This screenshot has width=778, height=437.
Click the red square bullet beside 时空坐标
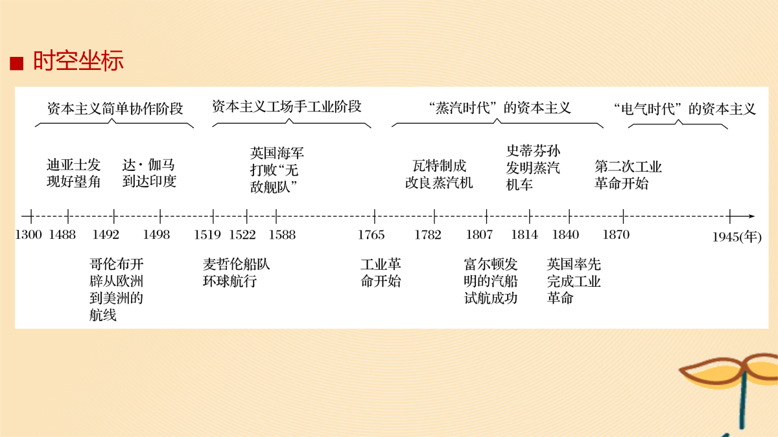(x=17, y=63)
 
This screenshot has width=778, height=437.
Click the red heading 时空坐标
(x=78, y=61)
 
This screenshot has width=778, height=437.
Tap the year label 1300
(x=29, y=235)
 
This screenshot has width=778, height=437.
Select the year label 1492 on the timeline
(x=106, y=235)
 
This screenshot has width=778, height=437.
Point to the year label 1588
(x=282, y=235)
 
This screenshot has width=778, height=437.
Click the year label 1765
(x=371, y=235)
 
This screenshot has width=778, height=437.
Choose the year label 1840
(x=565, y=235)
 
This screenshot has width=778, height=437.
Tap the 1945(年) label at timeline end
(x=737, y=237)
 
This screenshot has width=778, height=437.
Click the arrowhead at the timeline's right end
(x=752, y=216)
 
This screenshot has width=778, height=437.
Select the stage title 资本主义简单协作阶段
(x=115, y=109)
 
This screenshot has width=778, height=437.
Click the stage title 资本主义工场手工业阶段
(x=287, y=106)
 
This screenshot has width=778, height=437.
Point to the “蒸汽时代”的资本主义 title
(x=500, y=108)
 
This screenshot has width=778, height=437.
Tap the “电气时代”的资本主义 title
(x=685, y=109)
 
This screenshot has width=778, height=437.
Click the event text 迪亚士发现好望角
(x=74, y=173)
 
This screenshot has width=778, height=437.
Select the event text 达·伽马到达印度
(x=149, y=173)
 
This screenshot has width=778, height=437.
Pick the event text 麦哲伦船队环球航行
(x=236, y=273)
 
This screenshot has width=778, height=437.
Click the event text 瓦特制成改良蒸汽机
(x=439, y=174)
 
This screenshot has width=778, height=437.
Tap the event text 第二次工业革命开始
(x=628, y=175)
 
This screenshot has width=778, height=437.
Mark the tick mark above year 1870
(x=624, y=216)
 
